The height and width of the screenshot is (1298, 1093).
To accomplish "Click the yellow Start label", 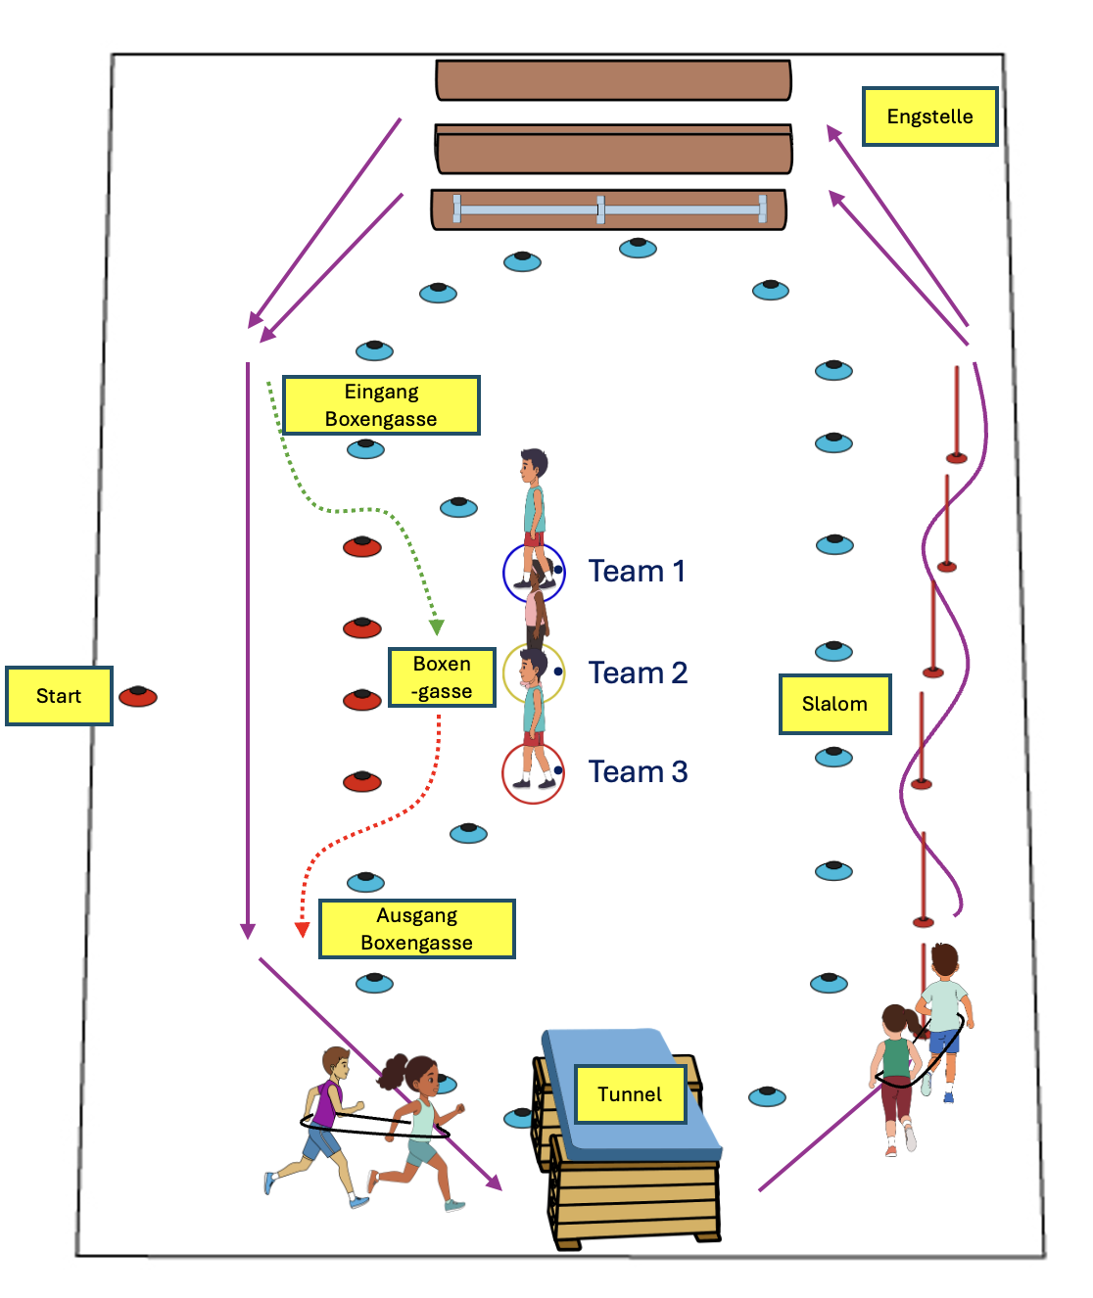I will point(59,696).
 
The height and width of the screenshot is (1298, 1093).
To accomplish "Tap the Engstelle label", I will point(929,116).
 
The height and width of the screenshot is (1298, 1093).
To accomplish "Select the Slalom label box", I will point(834,704).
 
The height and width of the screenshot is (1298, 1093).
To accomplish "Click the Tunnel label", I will point(629,1094).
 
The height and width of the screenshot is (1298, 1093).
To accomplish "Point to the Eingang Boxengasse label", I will point(381,405).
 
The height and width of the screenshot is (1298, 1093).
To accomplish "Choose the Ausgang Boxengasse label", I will point(416,929).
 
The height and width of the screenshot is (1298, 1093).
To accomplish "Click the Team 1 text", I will point(637,571).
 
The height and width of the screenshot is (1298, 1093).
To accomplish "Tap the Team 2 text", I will point(638,672).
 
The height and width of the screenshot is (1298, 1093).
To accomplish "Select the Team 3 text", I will point(638,771).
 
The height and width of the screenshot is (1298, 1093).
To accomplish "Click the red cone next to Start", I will point(138,696).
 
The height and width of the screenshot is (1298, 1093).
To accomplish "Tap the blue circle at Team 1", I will point(534,573).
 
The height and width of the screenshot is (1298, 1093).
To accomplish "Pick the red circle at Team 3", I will point(533,773).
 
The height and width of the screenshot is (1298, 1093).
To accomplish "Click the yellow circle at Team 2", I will point(534,673).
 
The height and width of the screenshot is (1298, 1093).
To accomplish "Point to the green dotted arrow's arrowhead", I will point(437,627).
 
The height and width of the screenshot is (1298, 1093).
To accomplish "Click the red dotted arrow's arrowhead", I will point(303,930).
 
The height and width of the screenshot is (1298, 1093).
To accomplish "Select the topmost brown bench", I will point(613,80).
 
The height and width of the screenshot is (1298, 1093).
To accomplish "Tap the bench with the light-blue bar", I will point(608,209).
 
